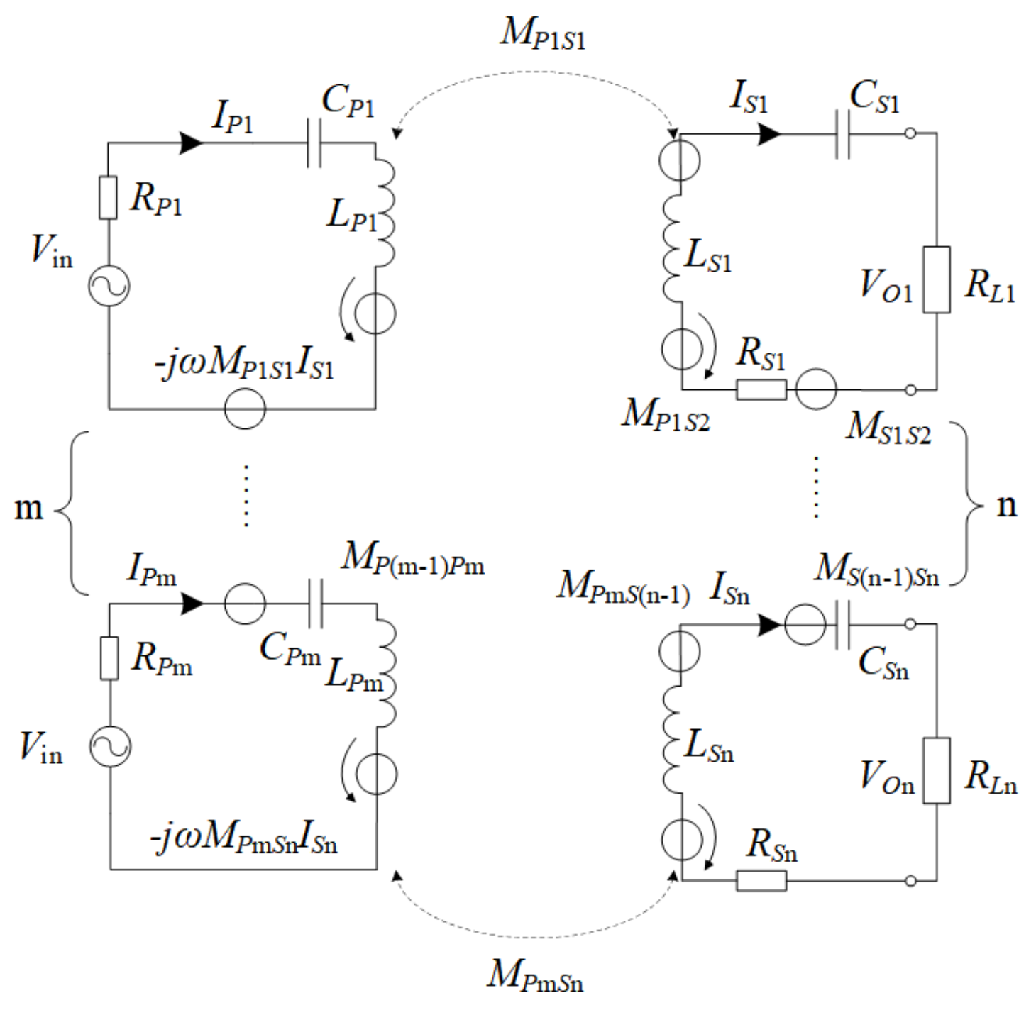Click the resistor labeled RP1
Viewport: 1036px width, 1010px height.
108,197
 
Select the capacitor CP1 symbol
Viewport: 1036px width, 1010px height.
314,143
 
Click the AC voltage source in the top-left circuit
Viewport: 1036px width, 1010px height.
109,286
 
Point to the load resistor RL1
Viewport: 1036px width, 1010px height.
936,279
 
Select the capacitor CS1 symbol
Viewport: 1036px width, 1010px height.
842,133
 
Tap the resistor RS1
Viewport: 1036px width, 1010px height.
761,389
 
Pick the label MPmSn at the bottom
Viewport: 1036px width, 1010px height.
535,975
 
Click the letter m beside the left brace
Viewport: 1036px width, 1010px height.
28,508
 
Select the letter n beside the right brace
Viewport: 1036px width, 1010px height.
1006,505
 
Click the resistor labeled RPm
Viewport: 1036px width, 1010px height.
109,658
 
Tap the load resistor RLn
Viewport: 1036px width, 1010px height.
936,770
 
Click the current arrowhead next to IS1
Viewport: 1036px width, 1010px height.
769,133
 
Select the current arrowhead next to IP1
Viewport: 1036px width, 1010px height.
192,143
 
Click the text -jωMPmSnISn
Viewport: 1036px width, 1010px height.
244,838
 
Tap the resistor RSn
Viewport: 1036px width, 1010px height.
761,880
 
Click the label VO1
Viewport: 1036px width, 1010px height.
885,285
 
